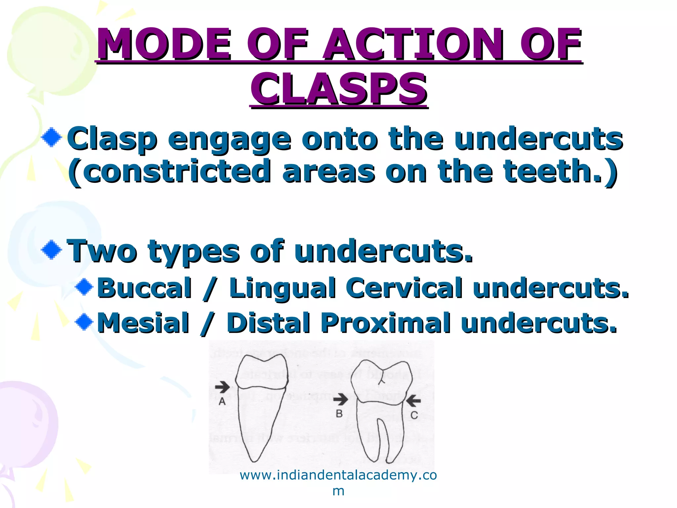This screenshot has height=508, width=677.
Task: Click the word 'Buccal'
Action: (144, 288)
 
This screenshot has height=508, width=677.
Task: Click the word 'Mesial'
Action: (143, 323)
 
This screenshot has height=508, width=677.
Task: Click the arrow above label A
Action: (222, 386)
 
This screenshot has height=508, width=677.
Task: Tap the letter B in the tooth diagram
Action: (339, 414)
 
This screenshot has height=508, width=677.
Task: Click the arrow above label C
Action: (413, 401)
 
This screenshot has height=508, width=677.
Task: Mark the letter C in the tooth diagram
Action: (414, 415)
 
